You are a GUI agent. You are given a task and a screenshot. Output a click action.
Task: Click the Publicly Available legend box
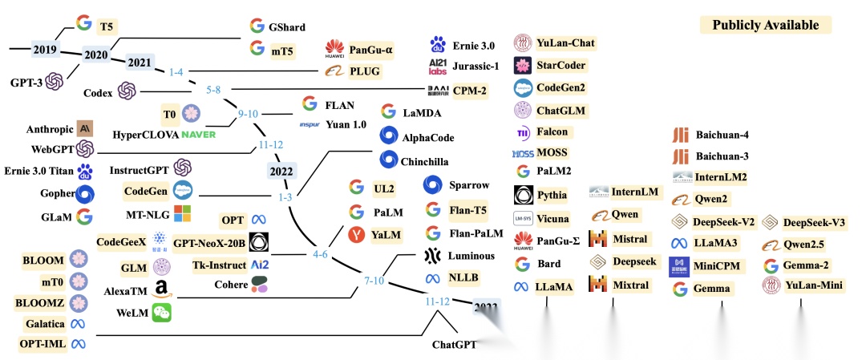(x=766, y=25)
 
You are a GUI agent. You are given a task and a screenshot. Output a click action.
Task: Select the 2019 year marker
(x=45, y=50)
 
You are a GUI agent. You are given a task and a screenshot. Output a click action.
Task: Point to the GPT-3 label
(x=26, y=82)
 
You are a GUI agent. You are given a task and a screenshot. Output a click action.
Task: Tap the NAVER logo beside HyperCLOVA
(x=199, y=133)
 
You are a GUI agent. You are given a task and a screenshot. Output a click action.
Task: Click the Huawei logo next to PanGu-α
(x=334, y=51)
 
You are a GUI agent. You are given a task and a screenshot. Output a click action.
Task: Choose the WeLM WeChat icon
(x=163, y=313)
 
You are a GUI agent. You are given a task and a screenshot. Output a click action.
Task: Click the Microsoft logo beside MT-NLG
(x=183, y=214)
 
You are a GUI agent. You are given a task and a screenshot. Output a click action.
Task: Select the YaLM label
(x=386, y=234)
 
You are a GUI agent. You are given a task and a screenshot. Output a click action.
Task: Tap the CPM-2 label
(x=469, y=91)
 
